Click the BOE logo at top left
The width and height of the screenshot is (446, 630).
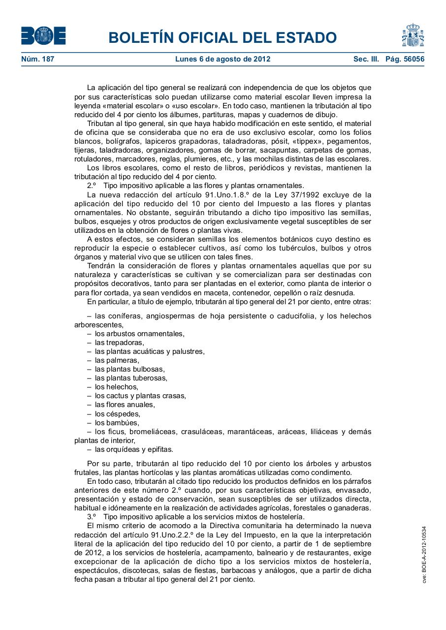pos(43,36)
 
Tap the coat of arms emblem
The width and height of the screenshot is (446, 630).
pos(413,35)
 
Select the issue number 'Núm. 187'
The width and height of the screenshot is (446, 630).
pos(37,59)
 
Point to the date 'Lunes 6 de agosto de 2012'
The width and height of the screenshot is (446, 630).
pos(223,59)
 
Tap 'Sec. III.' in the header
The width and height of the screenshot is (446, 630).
pos(366,59)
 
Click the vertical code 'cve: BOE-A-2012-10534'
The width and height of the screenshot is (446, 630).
pos(423,554)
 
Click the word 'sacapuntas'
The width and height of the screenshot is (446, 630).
pos(280,150)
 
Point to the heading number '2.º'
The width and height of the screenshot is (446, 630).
pos(92,186)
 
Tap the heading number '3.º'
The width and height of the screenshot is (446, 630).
pos(92,516)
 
